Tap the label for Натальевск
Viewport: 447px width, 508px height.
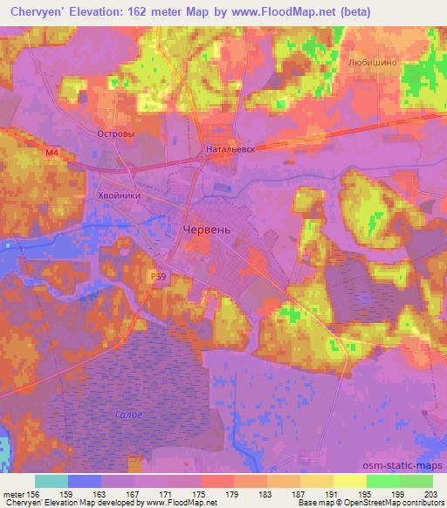click(x=230, y=149)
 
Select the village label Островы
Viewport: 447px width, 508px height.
click(x=114, y=134)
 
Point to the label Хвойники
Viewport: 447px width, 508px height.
click(x=119, y=196)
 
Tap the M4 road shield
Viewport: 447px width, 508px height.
click(x=53, y=154)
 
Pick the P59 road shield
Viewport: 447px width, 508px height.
click(x=156, y=276)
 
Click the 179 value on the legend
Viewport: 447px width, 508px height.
click(x=233, y=493)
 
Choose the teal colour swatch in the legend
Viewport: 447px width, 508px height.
click(x=52, y=481)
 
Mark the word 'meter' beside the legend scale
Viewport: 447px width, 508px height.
click(x=15, y=493)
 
